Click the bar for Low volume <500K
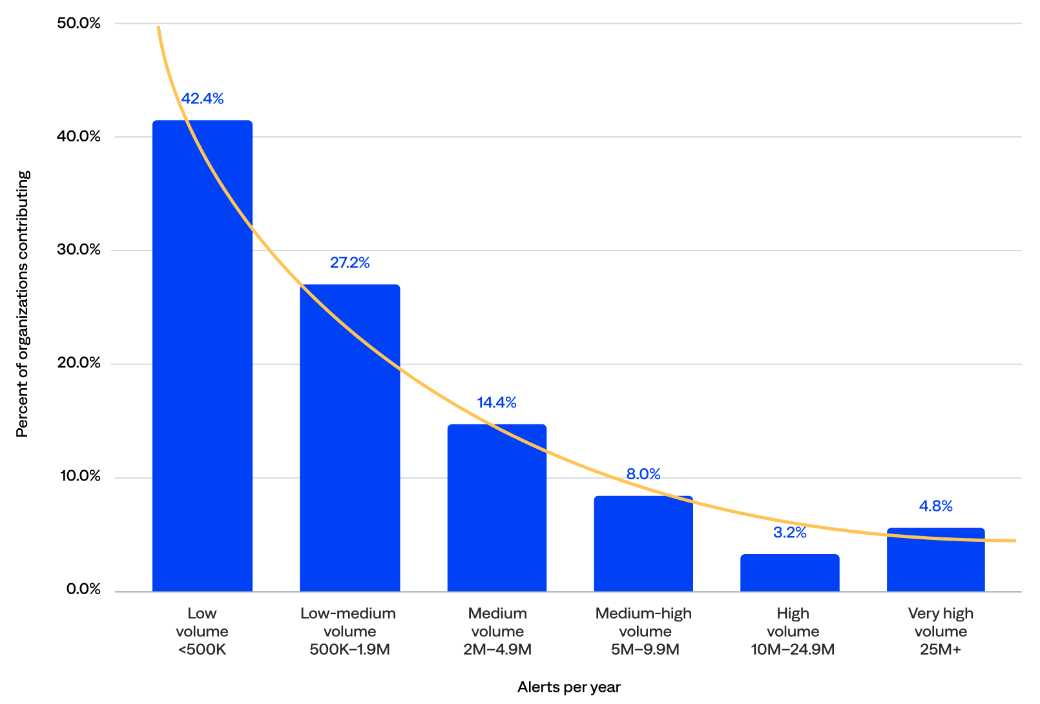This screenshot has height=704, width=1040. click(202, 355)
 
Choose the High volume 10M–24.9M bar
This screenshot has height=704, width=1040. click(789, 573)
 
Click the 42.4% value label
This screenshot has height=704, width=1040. click(202, 99)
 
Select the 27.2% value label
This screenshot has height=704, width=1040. click(349, 263)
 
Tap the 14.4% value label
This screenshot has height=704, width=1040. click(497, 403)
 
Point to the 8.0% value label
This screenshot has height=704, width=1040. click(643, 474)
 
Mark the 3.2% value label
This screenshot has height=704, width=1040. click(789, 533)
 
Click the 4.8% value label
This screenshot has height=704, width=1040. click(935, 506)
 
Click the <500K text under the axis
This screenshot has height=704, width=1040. click(202, 650)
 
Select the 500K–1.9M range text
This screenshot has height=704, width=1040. click(349, 650)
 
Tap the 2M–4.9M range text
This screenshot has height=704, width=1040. click(497, 650)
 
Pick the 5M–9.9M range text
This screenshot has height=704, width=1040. click(645, 650)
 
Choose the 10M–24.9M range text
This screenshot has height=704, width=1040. click(793, 650)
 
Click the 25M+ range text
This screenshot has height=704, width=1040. click(941, 650)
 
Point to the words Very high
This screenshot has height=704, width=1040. click(941, 614)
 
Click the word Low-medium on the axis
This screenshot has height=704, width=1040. click(348, 614)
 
